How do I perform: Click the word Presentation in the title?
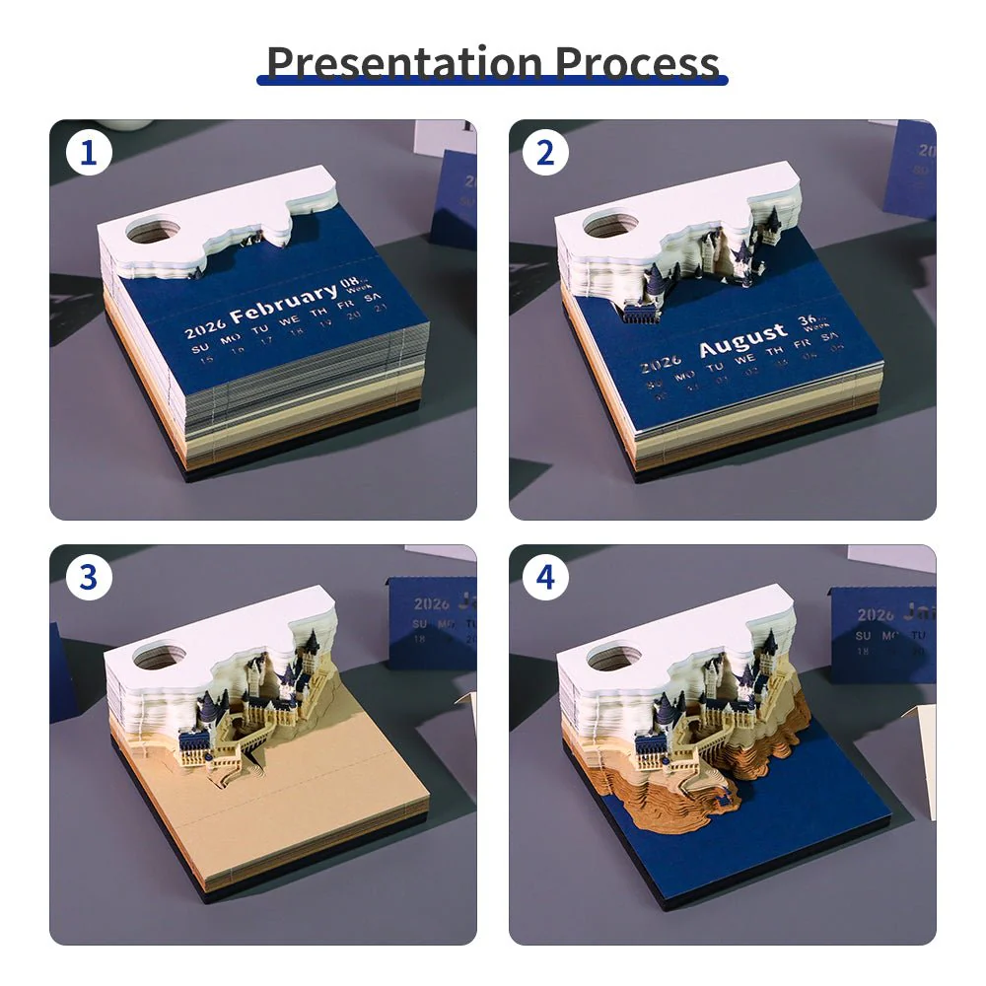[405, 62]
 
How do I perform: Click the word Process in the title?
[637, 62]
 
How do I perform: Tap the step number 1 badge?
[89, 154]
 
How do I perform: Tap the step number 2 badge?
[546, 154]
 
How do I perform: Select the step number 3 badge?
[89, 579]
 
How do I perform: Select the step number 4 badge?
[546, 579]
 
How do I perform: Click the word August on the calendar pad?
[742, 341]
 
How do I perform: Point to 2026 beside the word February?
[204, 328]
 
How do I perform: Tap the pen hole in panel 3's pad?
[160, 655]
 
